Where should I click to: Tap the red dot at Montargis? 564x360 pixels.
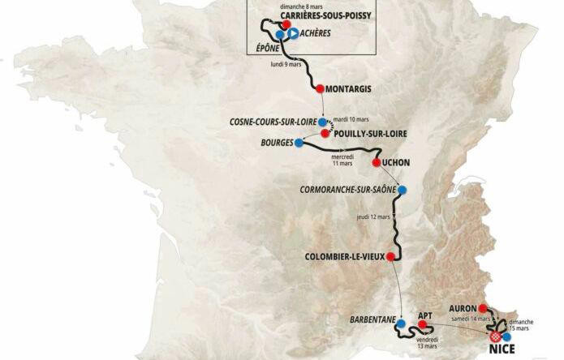320,88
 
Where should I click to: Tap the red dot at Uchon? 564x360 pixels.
376,162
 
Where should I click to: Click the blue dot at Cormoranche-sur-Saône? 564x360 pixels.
403,191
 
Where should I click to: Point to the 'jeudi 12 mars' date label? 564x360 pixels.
373,217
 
